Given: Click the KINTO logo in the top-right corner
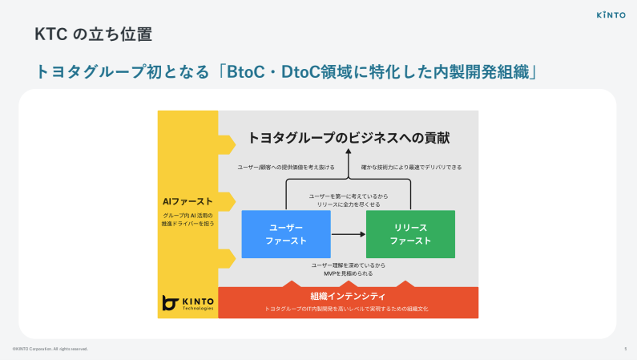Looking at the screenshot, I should [x=611, y=14].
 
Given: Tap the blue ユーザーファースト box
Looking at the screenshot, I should [x=286, y=234].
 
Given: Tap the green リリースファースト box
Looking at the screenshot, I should [x=410, y=234].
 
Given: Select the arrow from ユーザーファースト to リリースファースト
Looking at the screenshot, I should [x=349, y=234].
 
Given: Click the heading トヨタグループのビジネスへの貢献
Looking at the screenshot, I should [x=349, y=138].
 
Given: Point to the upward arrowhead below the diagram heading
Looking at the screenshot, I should [x=349, y=156].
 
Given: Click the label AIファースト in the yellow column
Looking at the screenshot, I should [x=187, y=201].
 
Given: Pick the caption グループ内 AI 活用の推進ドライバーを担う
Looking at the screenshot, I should [x=187, y=220].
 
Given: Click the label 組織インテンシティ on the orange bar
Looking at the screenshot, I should [x=348, y=296].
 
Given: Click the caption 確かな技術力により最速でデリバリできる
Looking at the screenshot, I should [x=410, y=168].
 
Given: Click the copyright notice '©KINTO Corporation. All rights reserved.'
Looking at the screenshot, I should [x=50, y=349].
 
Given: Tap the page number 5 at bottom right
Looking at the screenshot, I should [x=625, y=349].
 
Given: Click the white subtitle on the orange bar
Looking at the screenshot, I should [x=348, y=308].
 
